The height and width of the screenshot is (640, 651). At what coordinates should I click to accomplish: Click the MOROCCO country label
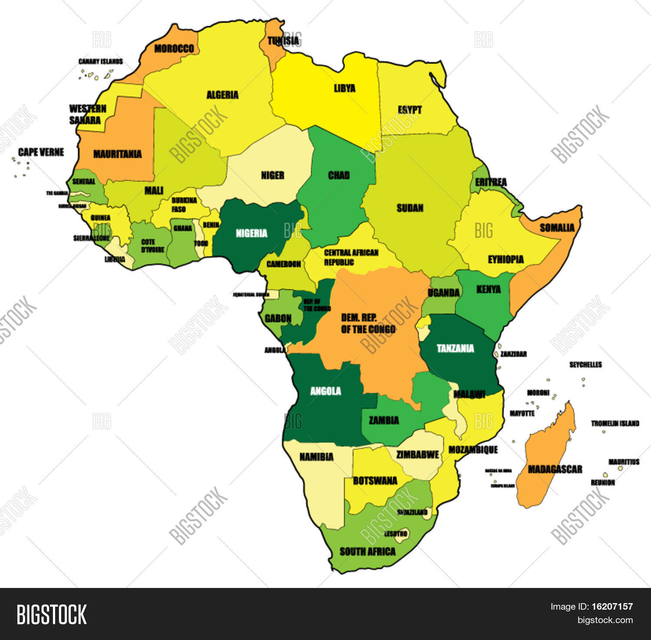(x=174, y=49)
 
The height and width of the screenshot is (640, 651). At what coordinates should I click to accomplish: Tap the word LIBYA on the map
(x=345, y=88)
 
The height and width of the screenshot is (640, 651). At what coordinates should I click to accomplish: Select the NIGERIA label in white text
(x=251, y=234)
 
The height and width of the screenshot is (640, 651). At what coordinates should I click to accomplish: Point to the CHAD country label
(x=339, y=175)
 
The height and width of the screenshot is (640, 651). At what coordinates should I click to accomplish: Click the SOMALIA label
(x=557, y=228)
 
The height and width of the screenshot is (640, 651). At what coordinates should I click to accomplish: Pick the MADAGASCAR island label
(x=555, y=469)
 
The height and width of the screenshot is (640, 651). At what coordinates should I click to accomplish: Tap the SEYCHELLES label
(x=585, y=365)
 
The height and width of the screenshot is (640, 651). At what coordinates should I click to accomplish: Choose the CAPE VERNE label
(x=41, y=152)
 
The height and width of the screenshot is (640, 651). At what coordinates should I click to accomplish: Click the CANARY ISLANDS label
(x=100, y=62)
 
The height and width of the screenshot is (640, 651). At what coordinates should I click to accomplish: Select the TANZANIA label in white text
(x=455, y=348)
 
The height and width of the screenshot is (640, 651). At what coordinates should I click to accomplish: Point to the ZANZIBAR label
(x=513, y=354)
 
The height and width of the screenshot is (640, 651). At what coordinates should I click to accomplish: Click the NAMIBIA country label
(x=316, y=457)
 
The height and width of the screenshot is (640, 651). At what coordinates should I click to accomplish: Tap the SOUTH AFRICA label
(x=367, y=552)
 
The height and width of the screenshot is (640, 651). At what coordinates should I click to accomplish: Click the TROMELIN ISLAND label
(x=615, y=423)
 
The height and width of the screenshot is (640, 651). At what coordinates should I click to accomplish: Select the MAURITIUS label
(x=624, y=462)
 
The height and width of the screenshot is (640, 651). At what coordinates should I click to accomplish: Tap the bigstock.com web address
(x=605, y=620)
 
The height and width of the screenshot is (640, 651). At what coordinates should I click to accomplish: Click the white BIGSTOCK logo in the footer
(x=52, y=614)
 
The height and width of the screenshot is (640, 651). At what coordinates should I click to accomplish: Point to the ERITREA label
(x=490, y=183)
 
